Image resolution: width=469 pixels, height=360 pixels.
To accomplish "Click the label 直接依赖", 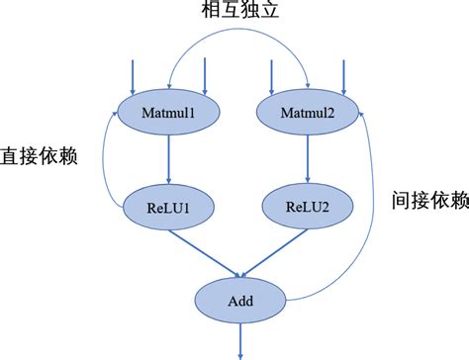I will pos(40,156).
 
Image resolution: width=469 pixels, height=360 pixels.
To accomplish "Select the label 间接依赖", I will pos(428,200).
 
